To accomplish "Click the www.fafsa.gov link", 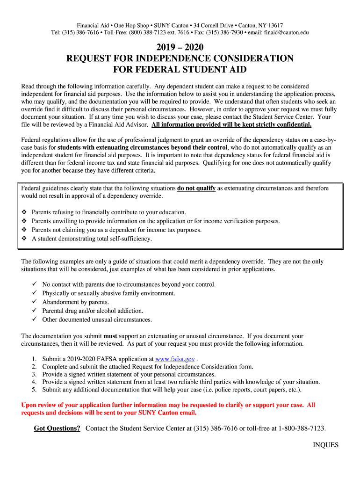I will (x=175, y=359).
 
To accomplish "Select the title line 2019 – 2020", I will (x=180, y=47).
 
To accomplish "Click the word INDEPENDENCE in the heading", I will (x=171, y=58).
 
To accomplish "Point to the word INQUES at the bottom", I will (x=325, y=445).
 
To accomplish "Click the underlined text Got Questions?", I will (x=57, y=428).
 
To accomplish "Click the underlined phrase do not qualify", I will (x=196, y=188).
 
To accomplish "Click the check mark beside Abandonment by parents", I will (x=34, y=302).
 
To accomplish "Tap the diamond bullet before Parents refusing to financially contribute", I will (x=24, y=212).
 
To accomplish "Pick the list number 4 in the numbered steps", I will (x=34, y=382).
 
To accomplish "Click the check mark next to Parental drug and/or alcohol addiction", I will (x=34, y=311).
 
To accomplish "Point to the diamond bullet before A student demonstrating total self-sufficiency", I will (x=24, y=239).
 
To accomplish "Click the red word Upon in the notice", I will (x=30, y=405).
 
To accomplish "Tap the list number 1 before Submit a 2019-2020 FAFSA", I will (x=34, y=359).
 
